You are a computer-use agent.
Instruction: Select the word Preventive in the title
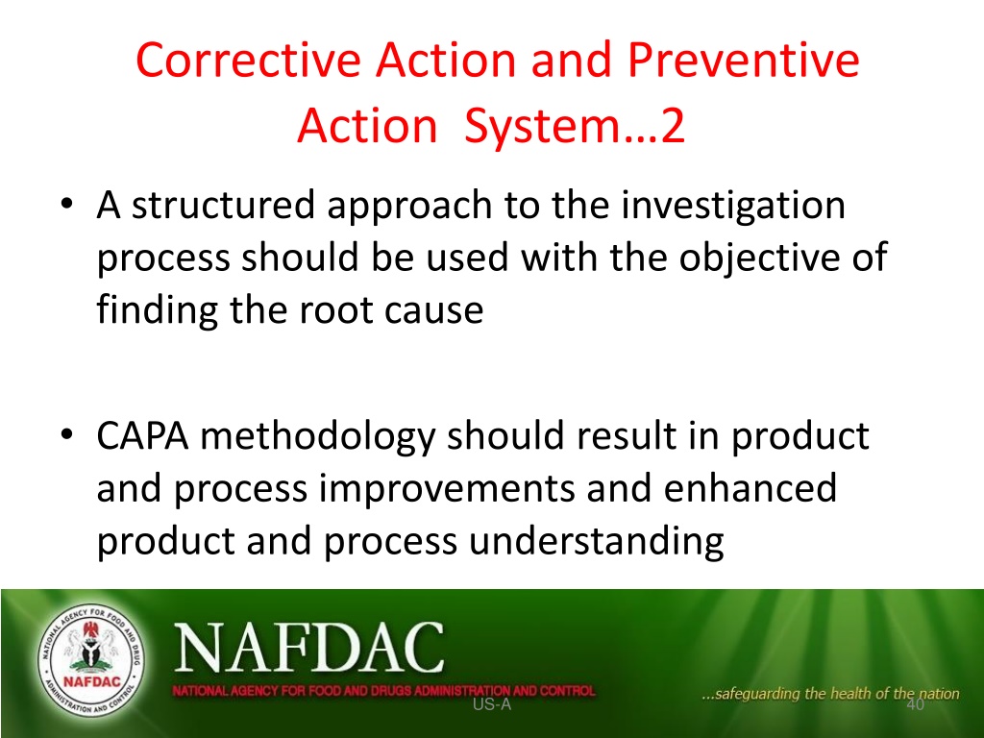point(743,60)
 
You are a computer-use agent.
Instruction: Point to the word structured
point(223,206)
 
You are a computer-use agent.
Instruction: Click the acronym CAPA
point(142,436)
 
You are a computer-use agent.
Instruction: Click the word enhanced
point(750,489)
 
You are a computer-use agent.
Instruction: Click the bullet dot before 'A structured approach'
point(67,204)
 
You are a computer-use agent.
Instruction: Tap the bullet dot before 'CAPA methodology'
point(67,435)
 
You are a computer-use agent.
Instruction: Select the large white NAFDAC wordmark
point(309,648)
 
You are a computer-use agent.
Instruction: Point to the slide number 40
point(916,704)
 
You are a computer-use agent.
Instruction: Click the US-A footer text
point(492,704)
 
